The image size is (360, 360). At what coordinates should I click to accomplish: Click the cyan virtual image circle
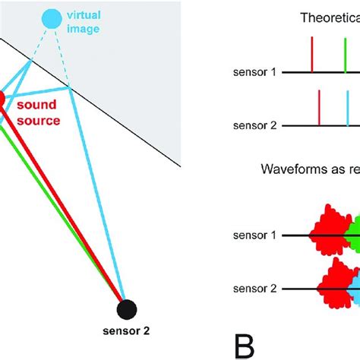point(52,18)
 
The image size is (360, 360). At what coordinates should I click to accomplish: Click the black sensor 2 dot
point(127,309)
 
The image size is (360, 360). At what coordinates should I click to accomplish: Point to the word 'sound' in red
point(36,105)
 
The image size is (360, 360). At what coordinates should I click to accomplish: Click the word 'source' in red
point(38,119)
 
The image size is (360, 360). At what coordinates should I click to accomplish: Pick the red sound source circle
point(2,99)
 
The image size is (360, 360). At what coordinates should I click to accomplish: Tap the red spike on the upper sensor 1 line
point(311,58)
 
